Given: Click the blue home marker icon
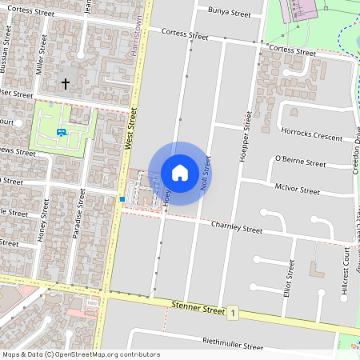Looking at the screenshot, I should [180, 172].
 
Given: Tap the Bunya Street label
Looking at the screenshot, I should [230, 14].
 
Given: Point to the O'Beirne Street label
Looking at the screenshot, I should [300, 162].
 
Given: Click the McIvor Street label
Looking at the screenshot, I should [297, 191].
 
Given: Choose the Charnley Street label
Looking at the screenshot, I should [236, 228].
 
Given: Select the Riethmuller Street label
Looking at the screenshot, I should [233, 346].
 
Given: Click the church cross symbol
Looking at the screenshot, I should [66, 83].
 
